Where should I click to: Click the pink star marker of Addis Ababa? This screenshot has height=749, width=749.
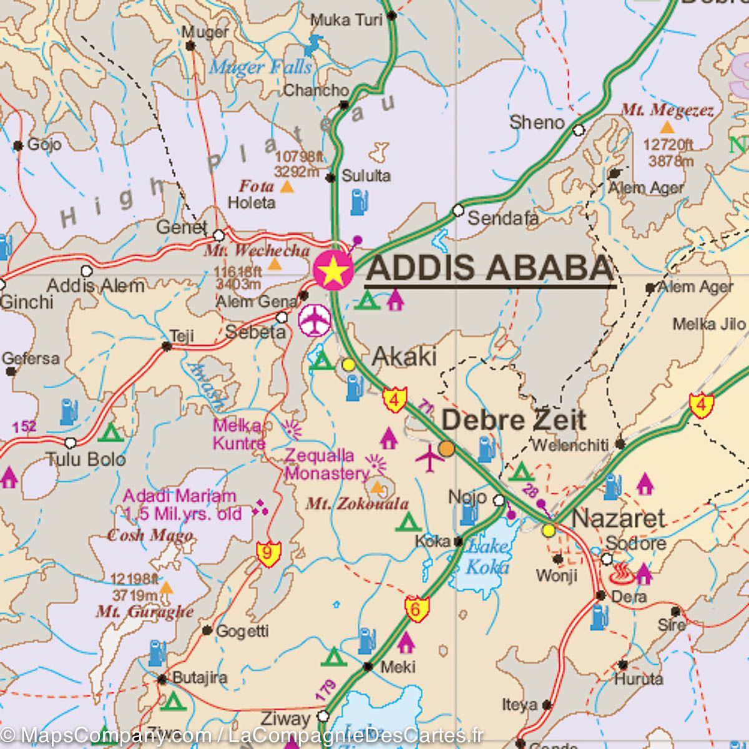333,270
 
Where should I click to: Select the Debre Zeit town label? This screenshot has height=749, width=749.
513,419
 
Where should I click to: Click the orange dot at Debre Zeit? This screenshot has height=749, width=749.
446,448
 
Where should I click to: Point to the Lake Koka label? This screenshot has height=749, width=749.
487,557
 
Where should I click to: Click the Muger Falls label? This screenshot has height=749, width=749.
260,67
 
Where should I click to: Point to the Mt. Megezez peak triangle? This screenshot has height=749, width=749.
667,128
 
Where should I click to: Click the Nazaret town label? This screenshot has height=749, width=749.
619,518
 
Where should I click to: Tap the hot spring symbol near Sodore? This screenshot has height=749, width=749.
621,572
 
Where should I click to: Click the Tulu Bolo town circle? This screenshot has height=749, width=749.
71,443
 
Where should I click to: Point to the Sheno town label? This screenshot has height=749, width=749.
537,122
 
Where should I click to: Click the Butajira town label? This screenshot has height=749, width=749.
199,677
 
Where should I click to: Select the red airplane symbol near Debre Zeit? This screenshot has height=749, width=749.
430,459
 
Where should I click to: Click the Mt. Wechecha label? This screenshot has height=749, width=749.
257,250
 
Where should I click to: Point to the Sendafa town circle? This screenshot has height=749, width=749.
458,210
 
